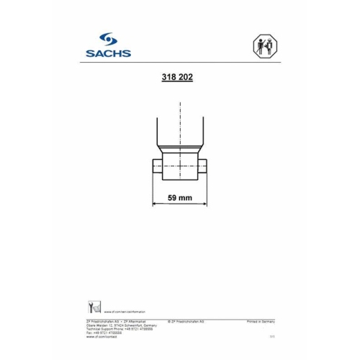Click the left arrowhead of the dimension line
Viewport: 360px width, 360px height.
(x=155, y=204)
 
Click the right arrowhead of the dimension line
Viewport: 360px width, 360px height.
(x=204, y=204)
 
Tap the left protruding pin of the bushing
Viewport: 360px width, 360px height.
(x=157, y=168)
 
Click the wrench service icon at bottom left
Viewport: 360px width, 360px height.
(x=91, y=305)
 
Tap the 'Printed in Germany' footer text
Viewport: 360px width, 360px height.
(x=260, y=319)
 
